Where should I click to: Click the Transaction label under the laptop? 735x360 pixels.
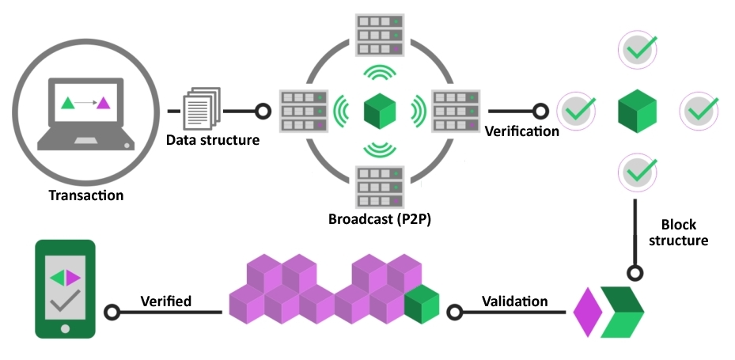pyautogui.click(x=86, y=195)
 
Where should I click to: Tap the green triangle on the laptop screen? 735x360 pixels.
pyautogui.click(x=68, y=102)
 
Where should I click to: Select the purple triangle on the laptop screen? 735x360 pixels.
pyautogui.click(x=103, y=102)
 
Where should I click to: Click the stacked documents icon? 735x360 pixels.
pyautogui.click(x=201, y=108)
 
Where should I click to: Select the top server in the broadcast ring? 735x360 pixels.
pyautogui.click(x=378, y=32)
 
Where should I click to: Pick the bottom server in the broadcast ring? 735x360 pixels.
pyautogui.click(x=378, y=186)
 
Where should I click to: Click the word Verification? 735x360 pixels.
pyautogui.click(x=521, y=131)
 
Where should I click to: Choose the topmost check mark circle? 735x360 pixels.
pyautogui.click(x=637, y=49)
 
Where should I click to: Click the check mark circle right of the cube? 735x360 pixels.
pyautogui.click(x=699, y=109)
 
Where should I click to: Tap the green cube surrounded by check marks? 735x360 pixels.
pyautogui.click(x=637, y=110)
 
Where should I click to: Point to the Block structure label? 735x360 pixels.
pyautogui.click(x=679, y=232)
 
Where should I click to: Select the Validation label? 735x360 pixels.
pyautogui.click(x=514, y=301)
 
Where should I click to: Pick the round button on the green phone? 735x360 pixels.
pyautogui.click(x=65, y=328)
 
